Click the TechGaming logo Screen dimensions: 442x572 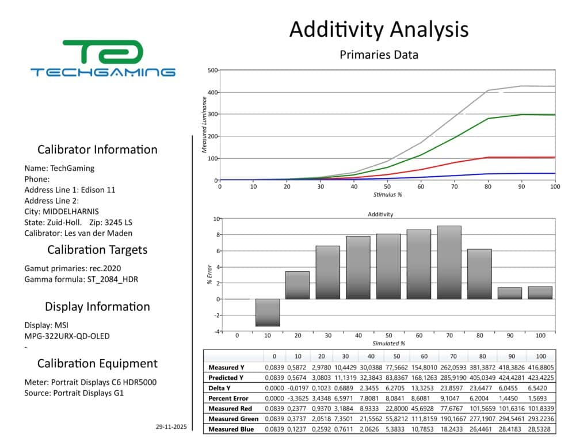tap(102, 58)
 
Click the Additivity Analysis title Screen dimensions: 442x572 tap(379, 29)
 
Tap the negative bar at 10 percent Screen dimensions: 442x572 tap(268, 313)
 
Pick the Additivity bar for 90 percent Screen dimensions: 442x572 tap(509, 293)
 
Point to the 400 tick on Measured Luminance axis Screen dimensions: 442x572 tap(212, 92)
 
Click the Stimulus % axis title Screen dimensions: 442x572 tap(387, 195)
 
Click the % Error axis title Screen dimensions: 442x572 tap(209, 275)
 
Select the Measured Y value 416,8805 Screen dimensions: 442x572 tap(541, 367)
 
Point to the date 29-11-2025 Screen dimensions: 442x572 tap(171, 427)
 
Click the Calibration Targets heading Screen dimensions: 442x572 tap(97, 250)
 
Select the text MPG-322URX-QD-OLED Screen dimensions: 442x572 tap(67, 336)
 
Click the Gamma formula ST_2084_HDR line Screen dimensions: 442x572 tap(81, 279)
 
